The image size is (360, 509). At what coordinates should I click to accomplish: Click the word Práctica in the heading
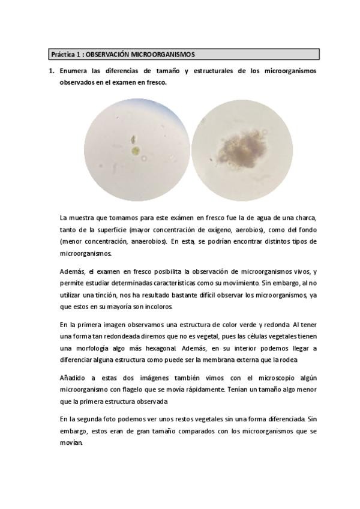click(x=63, y=55)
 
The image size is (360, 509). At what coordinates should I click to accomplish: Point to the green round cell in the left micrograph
click(x=136, y=151)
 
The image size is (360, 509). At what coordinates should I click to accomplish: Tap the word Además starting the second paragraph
click(x=73, y=271)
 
